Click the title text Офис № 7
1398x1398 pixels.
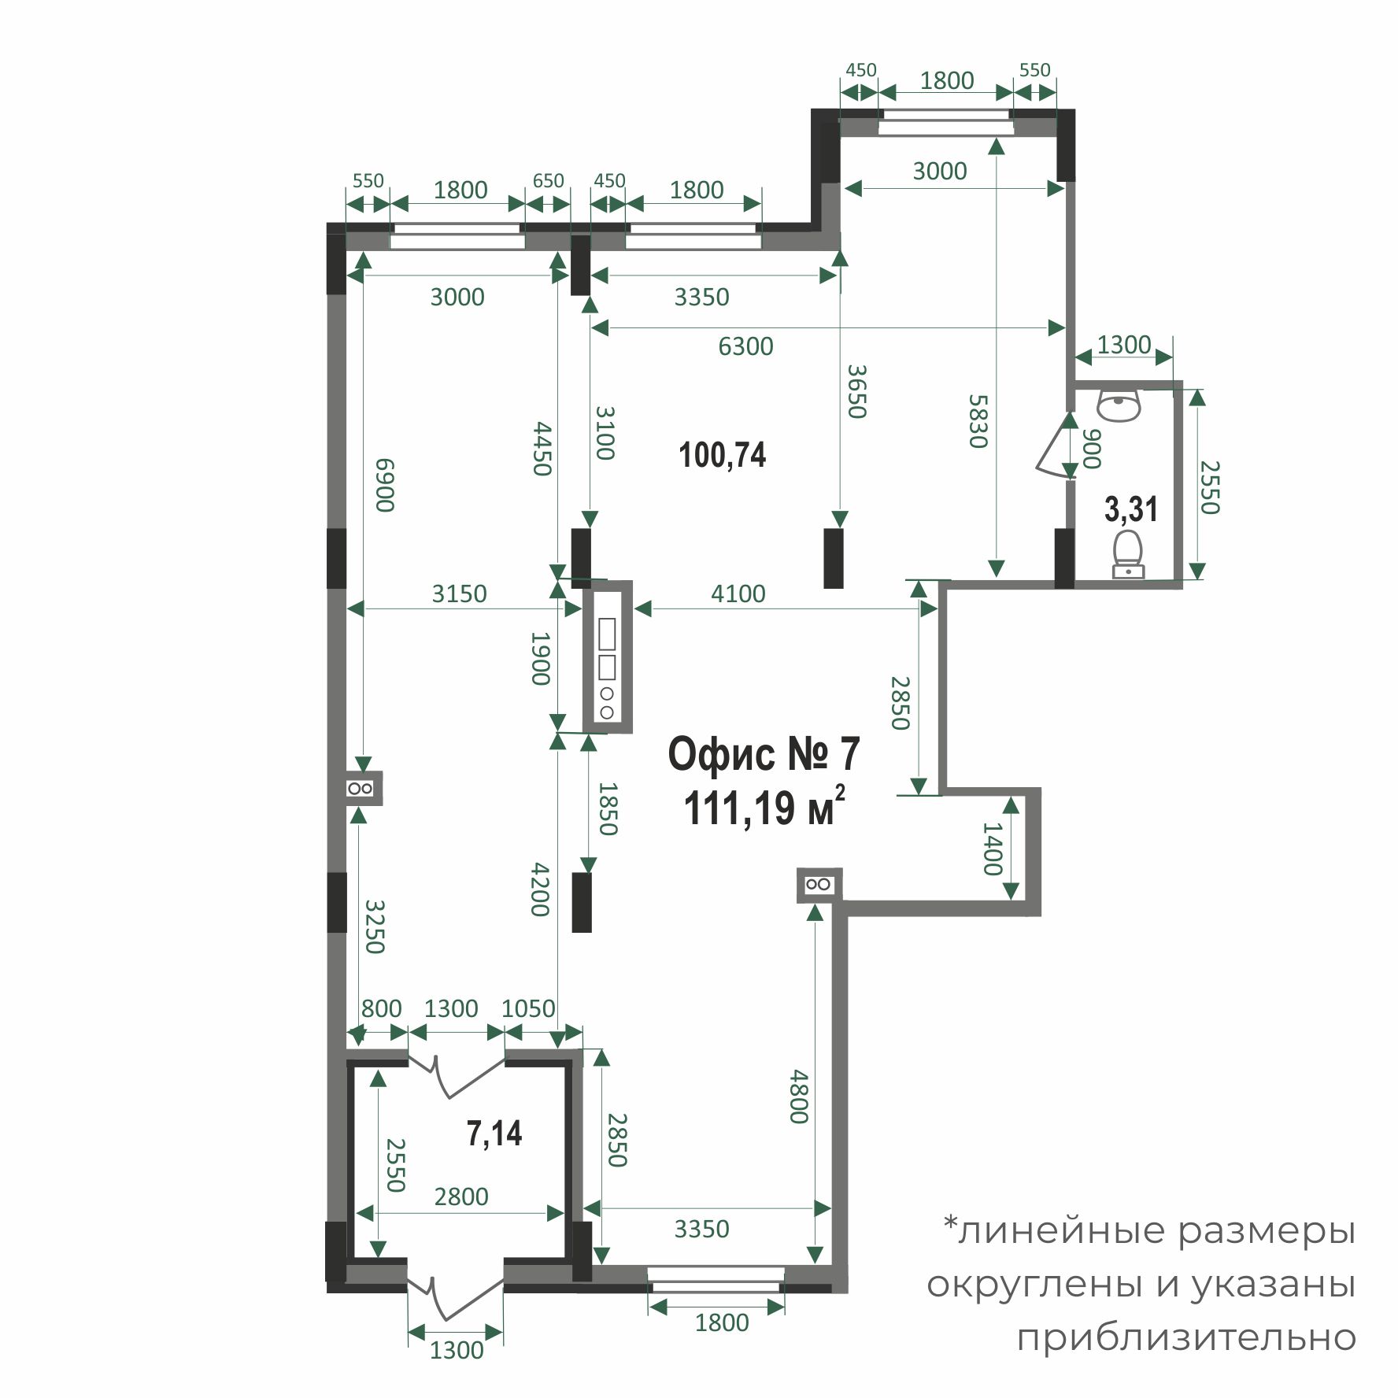tap(763, 754)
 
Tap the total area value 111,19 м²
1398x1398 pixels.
tap(764, 808)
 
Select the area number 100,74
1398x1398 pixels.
tap(722, 455)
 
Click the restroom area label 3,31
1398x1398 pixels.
tap(1131, 509)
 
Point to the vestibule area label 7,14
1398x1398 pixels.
tap(494, 1134)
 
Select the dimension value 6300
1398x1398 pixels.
tap(745, 346)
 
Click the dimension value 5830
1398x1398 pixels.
tap(977, 421)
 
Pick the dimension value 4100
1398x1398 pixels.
tap(738, 594)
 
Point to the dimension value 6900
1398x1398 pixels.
tap(383, 484)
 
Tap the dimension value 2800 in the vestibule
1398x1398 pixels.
tap(461, 1196)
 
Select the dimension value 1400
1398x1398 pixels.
tap(992, 849)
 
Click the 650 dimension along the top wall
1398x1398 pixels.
tap(548, 181)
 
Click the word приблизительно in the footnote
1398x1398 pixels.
tap(1186, 1338)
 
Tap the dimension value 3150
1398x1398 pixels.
tap(459, 594)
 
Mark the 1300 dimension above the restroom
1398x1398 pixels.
tap(1124, 345)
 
